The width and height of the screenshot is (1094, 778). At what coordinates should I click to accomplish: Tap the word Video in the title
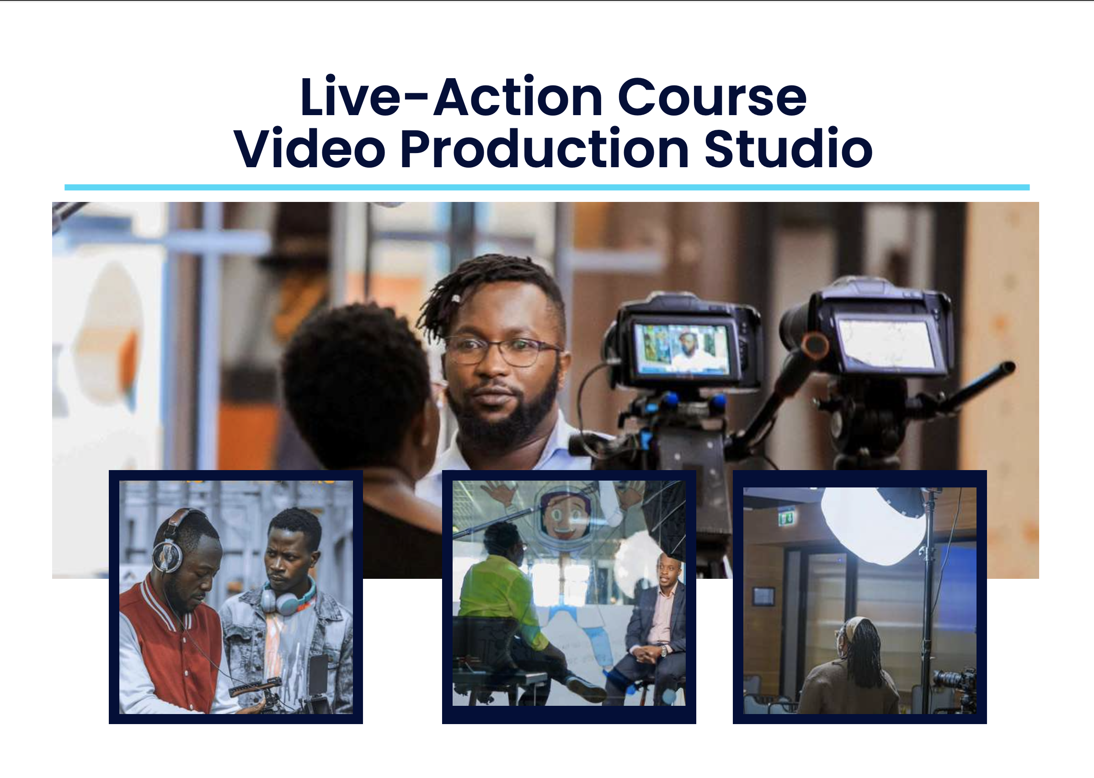309,149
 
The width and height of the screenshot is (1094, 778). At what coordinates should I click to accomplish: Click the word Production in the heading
544,149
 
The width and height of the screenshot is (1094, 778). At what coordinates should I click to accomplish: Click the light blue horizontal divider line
546,187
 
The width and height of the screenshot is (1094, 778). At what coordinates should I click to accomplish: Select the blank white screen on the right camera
887,344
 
